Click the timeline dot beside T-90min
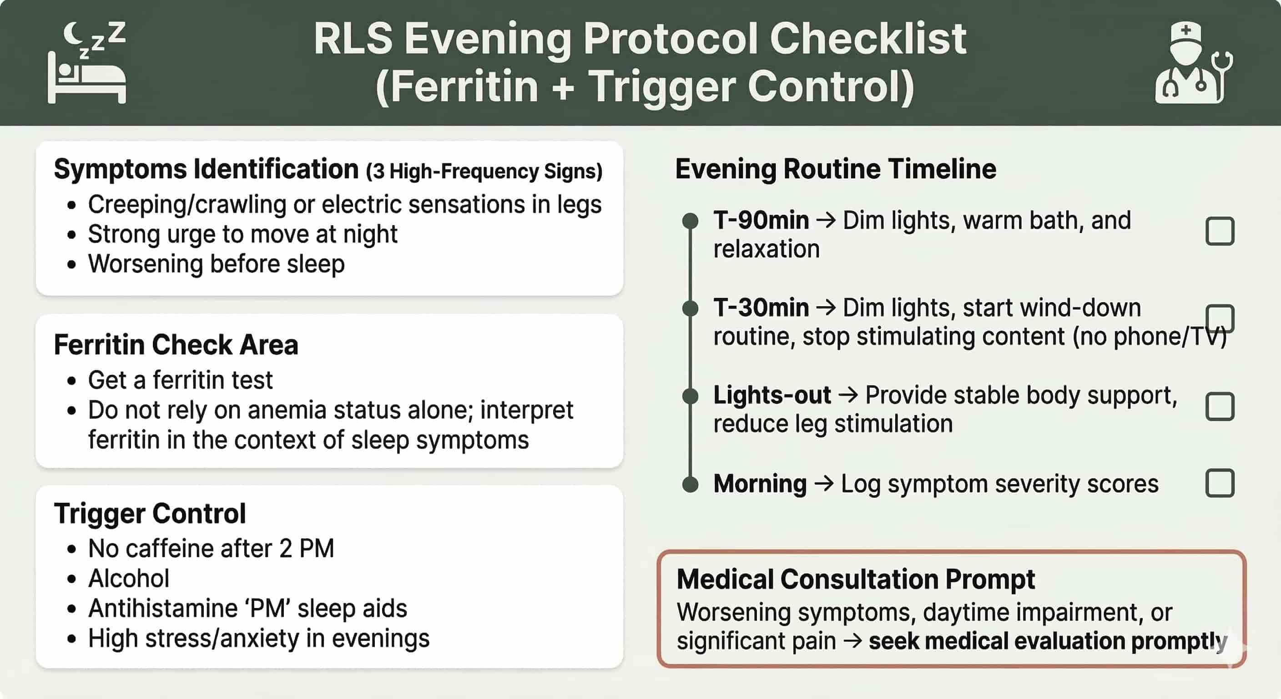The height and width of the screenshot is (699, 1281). [690, 221]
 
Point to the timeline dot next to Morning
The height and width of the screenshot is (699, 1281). [690, 484]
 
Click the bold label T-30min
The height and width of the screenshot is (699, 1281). [761, 308]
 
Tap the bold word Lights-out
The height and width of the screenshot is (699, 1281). [772, 395]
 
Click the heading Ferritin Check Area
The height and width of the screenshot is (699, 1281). [176, 345]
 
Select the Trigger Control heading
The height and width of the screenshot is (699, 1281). [150, 513]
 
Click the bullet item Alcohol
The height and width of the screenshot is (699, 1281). [129, 578]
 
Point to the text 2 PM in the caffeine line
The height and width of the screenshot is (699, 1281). [306, 549]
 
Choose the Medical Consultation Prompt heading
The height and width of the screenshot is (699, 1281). [855, 579]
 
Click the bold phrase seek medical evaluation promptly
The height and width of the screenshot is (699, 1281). [1047, 641]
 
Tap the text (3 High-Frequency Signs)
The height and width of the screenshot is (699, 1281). [484, 172]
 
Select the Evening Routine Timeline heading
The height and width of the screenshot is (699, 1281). [836, 169]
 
